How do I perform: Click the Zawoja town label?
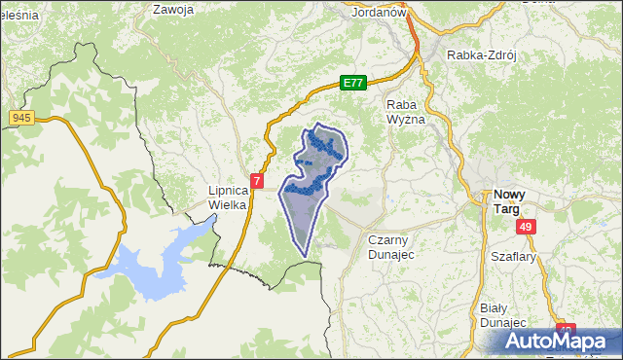pos(174,10)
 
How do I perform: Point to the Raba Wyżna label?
pos(406,111)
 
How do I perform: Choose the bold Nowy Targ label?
pos(512,201)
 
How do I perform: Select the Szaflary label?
pos(515,257)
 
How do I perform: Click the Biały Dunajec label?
pos(503,315)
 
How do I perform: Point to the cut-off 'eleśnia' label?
pos(18,17)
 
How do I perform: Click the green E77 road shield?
pos(353,84)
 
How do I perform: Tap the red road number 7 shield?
pos(256,181)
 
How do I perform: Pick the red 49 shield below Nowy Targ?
pos(526,227)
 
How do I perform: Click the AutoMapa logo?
pos(559,341)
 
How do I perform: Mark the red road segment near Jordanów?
pos(414,39)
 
